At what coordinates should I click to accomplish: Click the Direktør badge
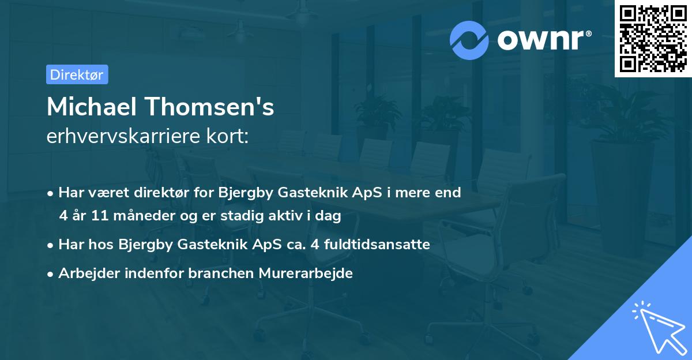click(x=77, y=74)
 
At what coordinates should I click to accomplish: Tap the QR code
click(x=653, y=39)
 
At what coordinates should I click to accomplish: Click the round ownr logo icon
click(x=469, y=40)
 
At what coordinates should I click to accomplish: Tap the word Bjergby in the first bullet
click(x=241, y=193)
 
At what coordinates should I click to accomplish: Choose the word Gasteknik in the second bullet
click(x=214, y=245)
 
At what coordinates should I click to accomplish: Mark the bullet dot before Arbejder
click(x=51, y=274)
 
